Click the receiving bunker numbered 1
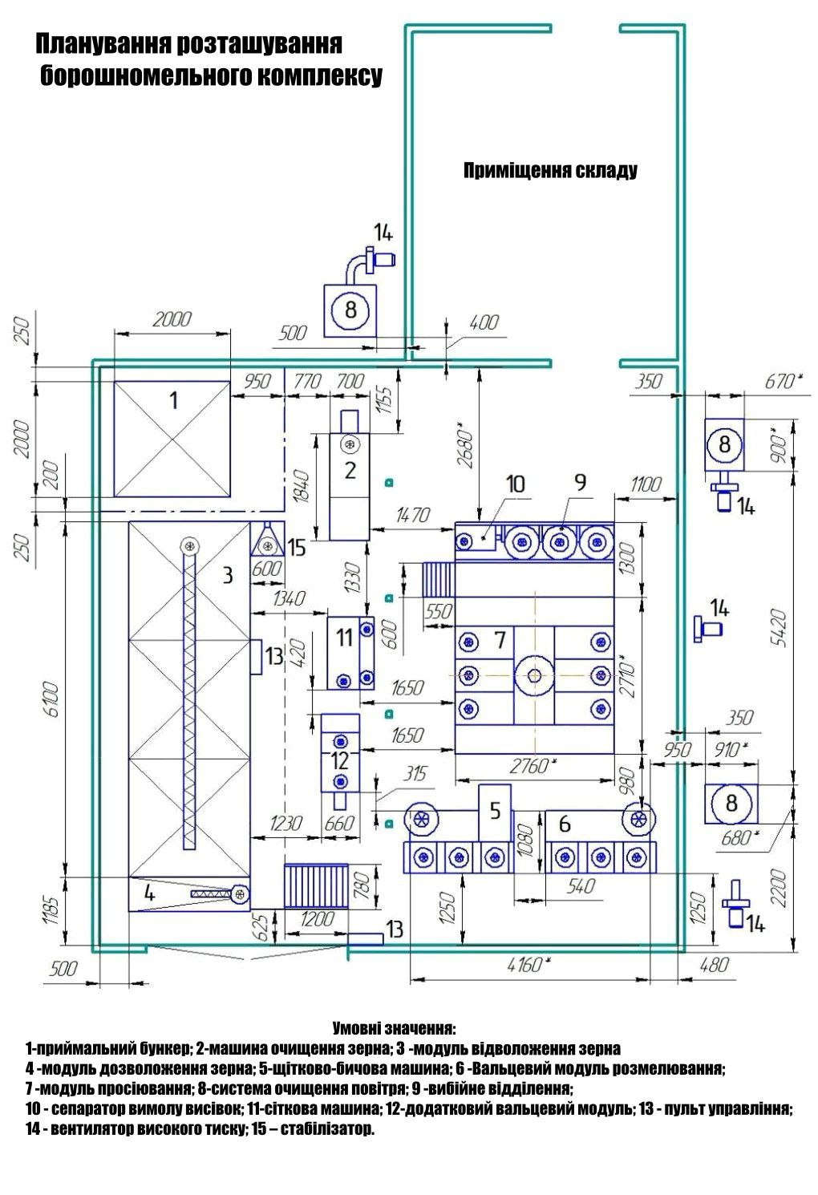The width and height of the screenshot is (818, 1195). click(172, 438)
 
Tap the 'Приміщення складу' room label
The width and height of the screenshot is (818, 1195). click(550, 171)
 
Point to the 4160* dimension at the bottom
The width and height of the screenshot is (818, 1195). click(526, 965)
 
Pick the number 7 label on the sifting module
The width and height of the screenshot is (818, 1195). click(500, 640)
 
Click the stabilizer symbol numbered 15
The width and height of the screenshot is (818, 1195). click(268, 541)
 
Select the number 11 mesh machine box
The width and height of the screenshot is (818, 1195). click(350, 653)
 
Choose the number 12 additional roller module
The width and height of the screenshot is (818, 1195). click(340, 760)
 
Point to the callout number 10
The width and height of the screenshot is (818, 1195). click(516, 484)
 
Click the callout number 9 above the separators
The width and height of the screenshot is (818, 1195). click(581, 482)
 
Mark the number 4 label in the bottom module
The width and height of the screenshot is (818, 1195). click(149, 893)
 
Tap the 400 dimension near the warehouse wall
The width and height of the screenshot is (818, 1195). click(484, 322)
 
